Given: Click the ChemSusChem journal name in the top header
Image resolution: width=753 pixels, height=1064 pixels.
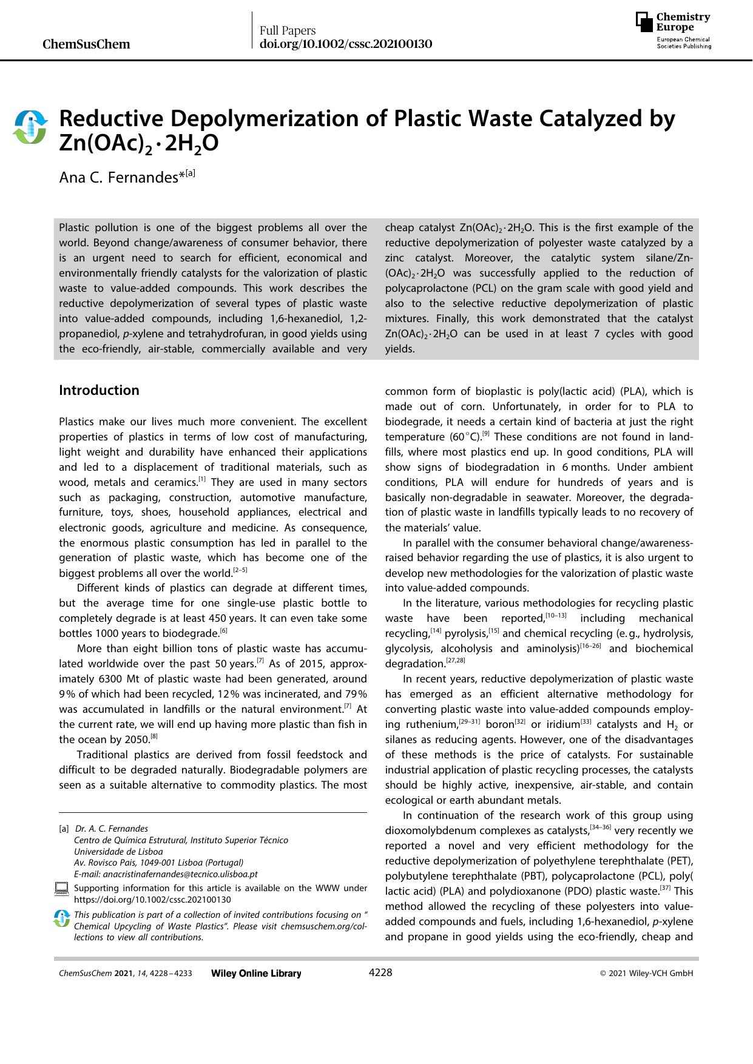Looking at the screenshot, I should (x=87, y=44).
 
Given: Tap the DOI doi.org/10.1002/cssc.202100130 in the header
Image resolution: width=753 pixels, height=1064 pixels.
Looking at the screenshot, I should (x=345, y=44).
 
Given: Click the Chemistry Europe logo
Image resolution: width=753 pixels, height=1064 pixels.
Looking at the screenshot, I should (x=673, y=30).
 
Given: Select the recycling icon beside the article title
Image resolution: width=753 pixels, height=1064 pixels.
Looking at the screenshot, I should (x=30, y=127).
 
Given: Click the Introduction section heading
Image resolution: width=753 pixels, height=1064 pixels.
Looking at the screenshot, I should (x=99, y=390).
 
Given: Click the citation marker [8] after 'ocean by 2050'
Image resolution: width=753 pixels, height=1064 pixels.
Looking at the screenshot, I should (x=154, y=736).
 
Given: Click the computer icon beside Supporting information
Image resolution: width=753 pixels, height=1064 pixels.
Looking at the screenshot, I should (x=61, y=890).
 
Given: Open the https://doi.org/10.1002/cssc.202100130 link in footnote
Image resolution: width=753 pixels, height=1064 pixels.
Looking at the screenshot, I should (x=152, y=900).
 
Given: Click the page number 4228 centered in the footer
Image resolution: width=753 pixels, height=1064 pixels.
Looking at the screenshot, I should (x=380, y=972).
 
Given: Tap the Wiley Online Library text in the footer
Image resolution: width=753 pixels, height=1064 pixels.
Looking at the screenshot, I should (x=255, y=973).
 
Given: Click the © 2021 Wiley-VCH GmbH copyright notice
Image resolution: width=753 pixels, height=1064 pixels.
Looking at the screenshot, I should (x=646, y=973).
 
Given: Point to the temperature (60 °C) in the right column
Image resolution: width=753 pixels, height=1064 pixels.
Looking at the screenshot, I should (x=464, y=437).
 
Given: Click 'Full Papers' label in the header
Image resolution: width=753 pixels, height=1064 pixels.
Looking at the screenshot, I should (x=288, y=30).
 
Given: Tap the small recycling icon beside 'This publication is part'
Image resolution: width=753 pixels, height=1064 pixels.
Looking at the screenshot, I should (x=61, y=918).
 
